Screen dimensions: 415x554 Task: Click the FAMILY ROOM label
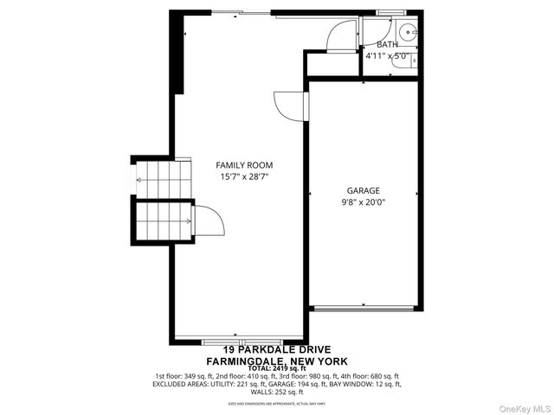244,164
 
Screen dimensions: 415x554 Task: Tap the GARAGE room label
364,189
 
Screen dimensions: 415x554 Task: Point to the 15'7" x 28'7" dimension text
244,177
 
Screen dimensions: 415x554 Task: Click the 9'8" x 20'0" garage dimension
364,202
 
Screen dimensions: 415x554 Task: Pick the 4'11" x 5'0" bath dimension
386,56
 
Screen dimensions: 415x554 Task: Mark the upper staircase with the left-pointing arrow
161,180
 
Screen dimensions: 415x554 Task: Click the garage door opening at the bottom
364,307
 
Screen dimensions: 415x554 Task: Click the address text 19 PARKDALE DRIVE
277,350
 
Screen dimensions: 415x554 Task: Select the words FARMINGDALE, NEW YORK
277,361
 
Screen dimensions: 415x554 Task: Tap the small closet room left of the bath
329,63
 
